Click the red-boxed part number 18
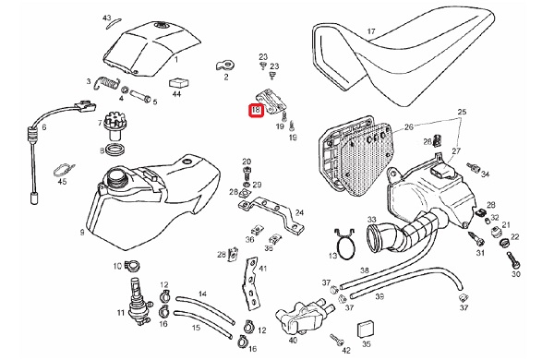tap(256, 110)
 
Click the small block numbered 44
tap(179, 83)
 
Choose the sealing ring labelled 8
tap(116, 150)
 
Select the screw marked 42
tap(337, 339)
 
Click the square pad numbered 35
tap(365, 330)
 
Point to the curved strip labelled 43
tap(114, 23)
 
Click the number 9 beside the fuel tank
tap(82, 233)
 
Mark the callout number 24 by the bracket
tap(299, 212)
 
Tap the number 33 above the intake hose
tap(372, 220)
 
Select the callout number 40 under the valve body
tap(293, 341)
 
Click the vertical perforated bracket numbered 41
tap(250, 284)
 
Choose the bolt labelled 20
tap(247, 174)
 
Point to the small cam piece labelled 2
tap(226, 65)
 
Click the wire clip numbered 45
tap(64, 170)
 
